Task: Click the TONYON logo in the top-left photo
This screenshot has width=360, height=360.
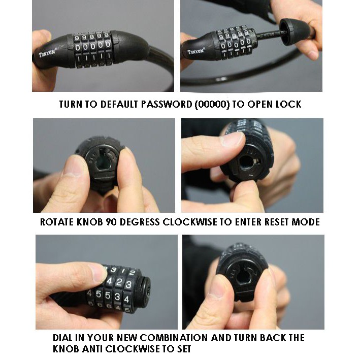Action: (47, 53)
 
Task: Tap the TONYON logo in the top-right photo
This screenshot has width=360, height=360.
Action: (196, 51)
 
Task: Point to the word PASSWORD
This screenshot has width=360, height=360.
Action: (167, 105)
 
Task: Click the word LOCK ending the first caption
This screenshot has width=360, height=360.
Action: (288, 105)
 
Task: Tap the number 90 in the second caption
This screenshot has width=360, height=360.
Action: (111, 222)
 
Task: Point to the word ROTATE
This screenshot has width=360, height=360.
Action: (57, 222)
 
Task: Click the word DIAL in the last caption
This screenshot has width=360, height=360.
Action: (61, 338)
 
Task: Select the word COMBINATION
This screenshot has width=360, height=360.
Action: (174, 338)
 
